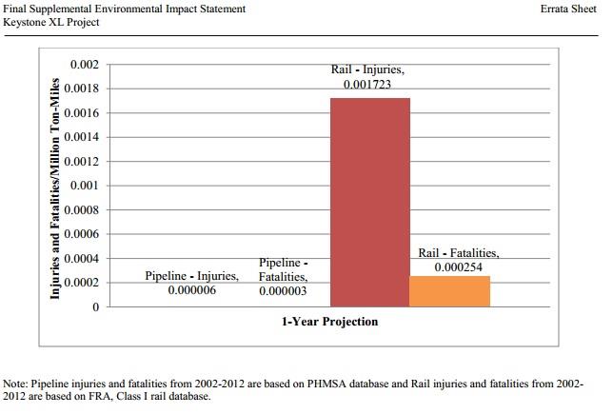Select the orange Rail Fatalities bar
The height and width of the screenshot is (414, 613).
click(x=449, y=291)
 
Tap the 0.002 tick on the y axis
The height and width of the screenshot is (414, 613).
click(x=85, y=65)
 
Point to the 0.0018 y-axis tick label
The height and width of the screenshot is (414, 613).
click(x=82, y=89)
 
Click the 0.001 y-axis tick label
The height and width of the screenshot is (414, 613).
click(x=85, y=186)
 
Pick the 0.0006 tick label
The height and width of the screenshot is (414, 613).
click(x=82, y=234)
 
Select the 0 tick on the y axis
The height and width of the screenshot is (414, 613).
click(x=94, y=307)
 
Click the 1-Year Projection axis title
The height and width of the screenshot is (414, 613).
click(x=329, y=322)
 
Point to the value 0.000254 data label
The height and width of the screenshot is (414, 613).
click(x=459, y=267)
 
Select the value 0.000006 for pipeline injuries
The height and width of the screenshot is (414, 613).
click(x=191, y=290)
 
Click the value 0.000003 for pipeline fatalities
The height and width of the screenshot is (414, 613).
click(x=283, y=291)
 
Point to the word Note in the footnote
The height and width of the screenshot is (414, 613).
click(x=15, y=384)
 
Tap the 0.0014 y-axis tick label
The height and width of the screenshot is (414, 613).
click(x=82, y=137)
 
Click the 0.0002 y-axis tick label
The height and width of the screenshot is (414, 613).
click(x=82, y=283)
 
